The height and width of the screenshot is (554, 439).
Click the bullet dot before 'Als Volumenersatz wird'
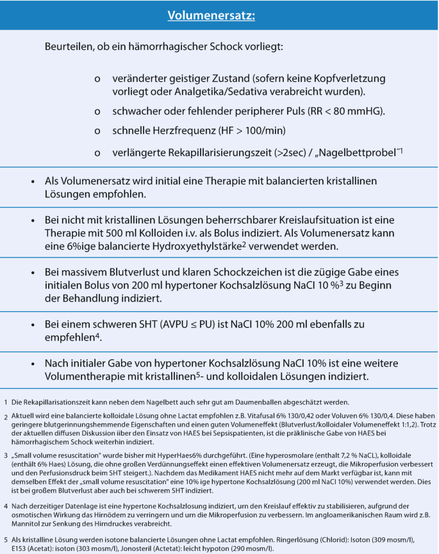pyautogui.click(x=32, y=181)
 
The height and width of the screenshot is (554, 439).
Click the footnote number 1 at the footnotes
pyautogui.click(x=5, y=403)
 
